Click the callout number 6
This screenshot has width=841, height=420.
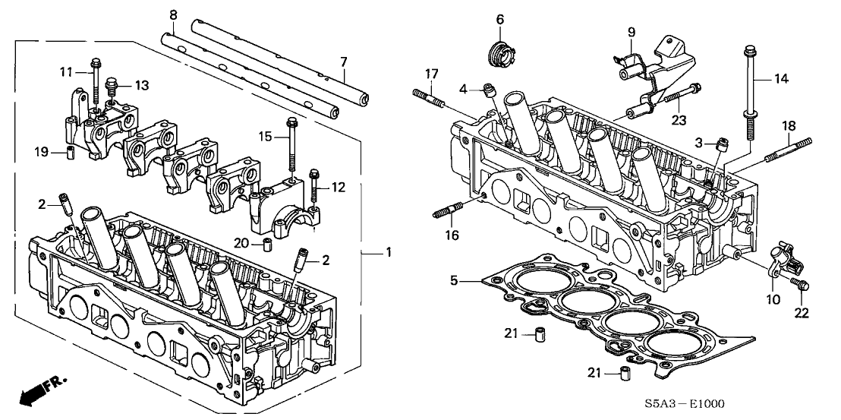tap(499, 18)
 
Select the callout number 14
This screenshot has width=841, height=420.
tap(781, 79)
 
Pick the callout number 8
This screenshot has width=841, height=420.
tap(173, 14)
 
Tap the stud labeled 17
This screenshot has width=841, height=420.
tap(428, 98)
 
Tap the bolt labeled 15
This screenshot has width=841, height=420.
tap(290, 148)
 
